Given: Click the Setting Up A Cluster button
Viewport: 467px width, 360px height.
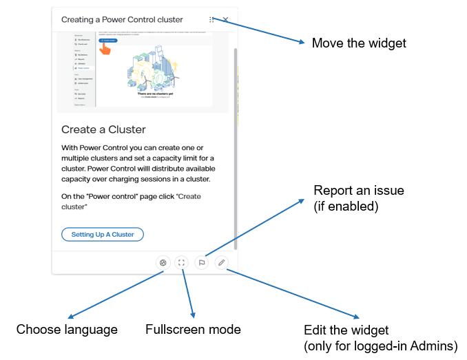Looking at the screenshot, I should pyautogui.click(x=103, y=235).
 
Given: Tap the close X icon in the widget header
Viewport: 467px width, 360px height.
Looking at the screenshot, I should pyautogui.click(x=226, y=20).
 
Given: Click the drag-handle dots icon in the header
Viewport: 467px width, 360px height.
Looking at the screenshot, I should pyautogui.click(x=211, y=20).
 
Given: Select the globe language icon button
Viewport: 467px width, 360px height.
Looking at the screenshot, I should pyautogui.click(x=163, y=262).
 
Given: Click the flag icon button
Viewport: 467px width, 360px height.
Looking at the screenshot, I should pyautogui.click(x=202, y=262).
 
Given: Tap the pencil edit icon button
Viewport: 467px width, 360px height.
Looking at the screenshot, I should pyautogui.click(x=221, y=262).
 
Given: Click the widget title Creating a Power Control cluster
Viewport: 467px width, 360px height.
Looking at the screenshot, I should pyautogui.click(x=121, y=20).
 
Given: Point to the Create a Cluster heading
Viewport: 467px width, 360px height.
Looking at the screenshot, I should pyautogui.click(x=103, y=129).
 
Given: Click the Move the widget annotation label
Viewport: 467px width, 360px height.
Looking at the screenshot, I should pyautogui.click(x=359, y=43).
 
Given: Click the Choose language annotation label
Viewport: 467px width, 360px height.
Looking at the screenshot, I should pyautogui.click(x=67, y=330).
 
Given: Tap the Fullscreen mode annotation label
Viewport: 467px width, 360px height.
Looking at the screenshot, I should pyautogui.click(x=193, y=330).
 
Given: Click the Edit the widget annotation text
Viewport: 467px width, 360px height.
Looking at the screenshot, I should pyautogui.click(x=346, y=330).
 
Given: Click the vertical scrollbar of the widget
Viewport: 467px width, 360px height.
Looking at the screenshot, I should pyautogui.click(x=236, y=138).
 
